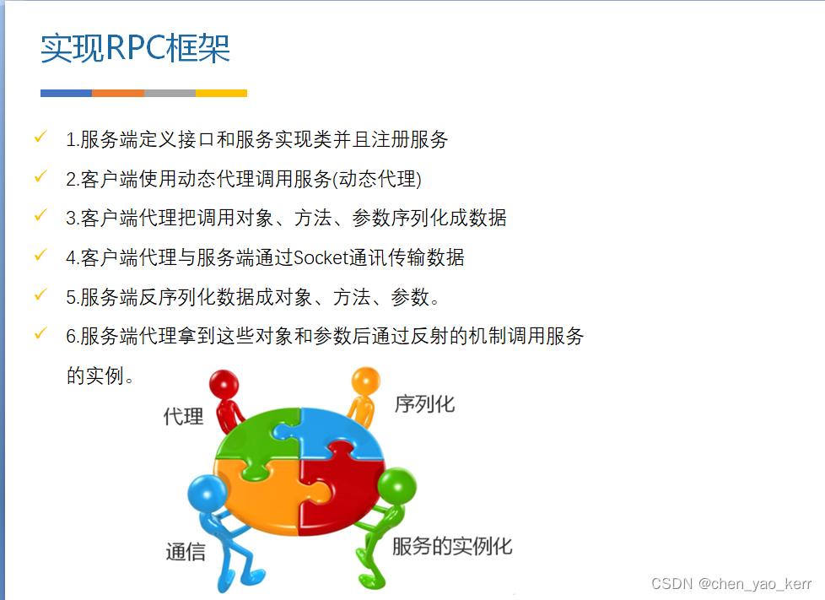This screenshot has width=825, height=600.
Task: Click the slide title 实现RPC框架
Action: [135, 49]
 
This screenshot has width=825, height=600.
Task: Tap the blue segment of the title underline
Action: [66, 93]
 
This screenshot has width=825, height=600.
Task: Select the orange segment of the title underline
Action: [118, 93]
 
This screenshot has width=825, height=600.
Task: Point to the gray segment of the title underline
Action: [170, 93]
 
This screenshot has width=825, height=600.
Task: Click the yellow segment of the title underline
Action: [221, 93]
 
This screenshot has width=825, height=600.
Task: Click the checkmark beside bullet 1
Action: [40, 138]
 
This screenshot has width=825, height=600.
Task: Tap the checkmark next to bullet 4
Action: [40, 256]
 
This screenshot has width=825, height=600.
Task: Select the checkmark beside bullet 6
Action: [40, 334]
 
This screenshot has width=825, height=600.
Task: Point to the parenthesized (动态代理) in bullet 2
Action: [378, 179]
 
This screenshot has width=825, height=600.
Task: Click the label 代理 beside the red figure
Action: [183, 416]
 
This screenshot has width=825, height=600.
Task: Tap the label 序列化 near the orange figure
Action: [424, 404]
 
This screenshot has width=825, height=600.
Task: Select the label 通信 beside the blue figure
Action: [186, 553]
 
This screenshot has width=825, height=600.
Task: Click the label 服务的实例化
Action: [452, 546]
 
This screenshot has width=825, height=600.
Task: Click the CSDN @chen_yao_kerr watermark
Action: [731, 584]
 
